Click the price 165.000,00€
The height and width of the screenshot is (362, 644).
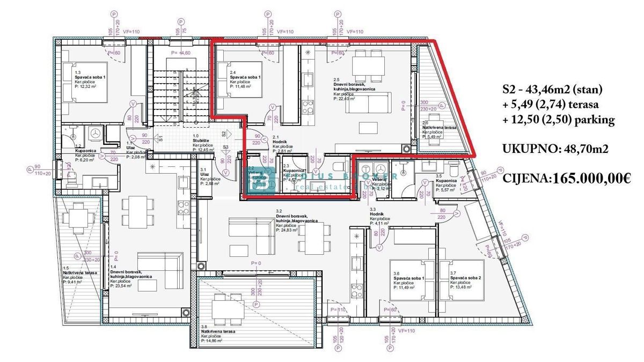click(x=582, y=177)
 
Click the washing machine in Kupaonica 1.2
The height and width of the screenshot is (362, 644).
click(x=96, y=134)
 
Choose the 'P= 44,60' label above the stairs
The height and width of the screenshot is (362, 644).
click(x=181, y=53)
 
